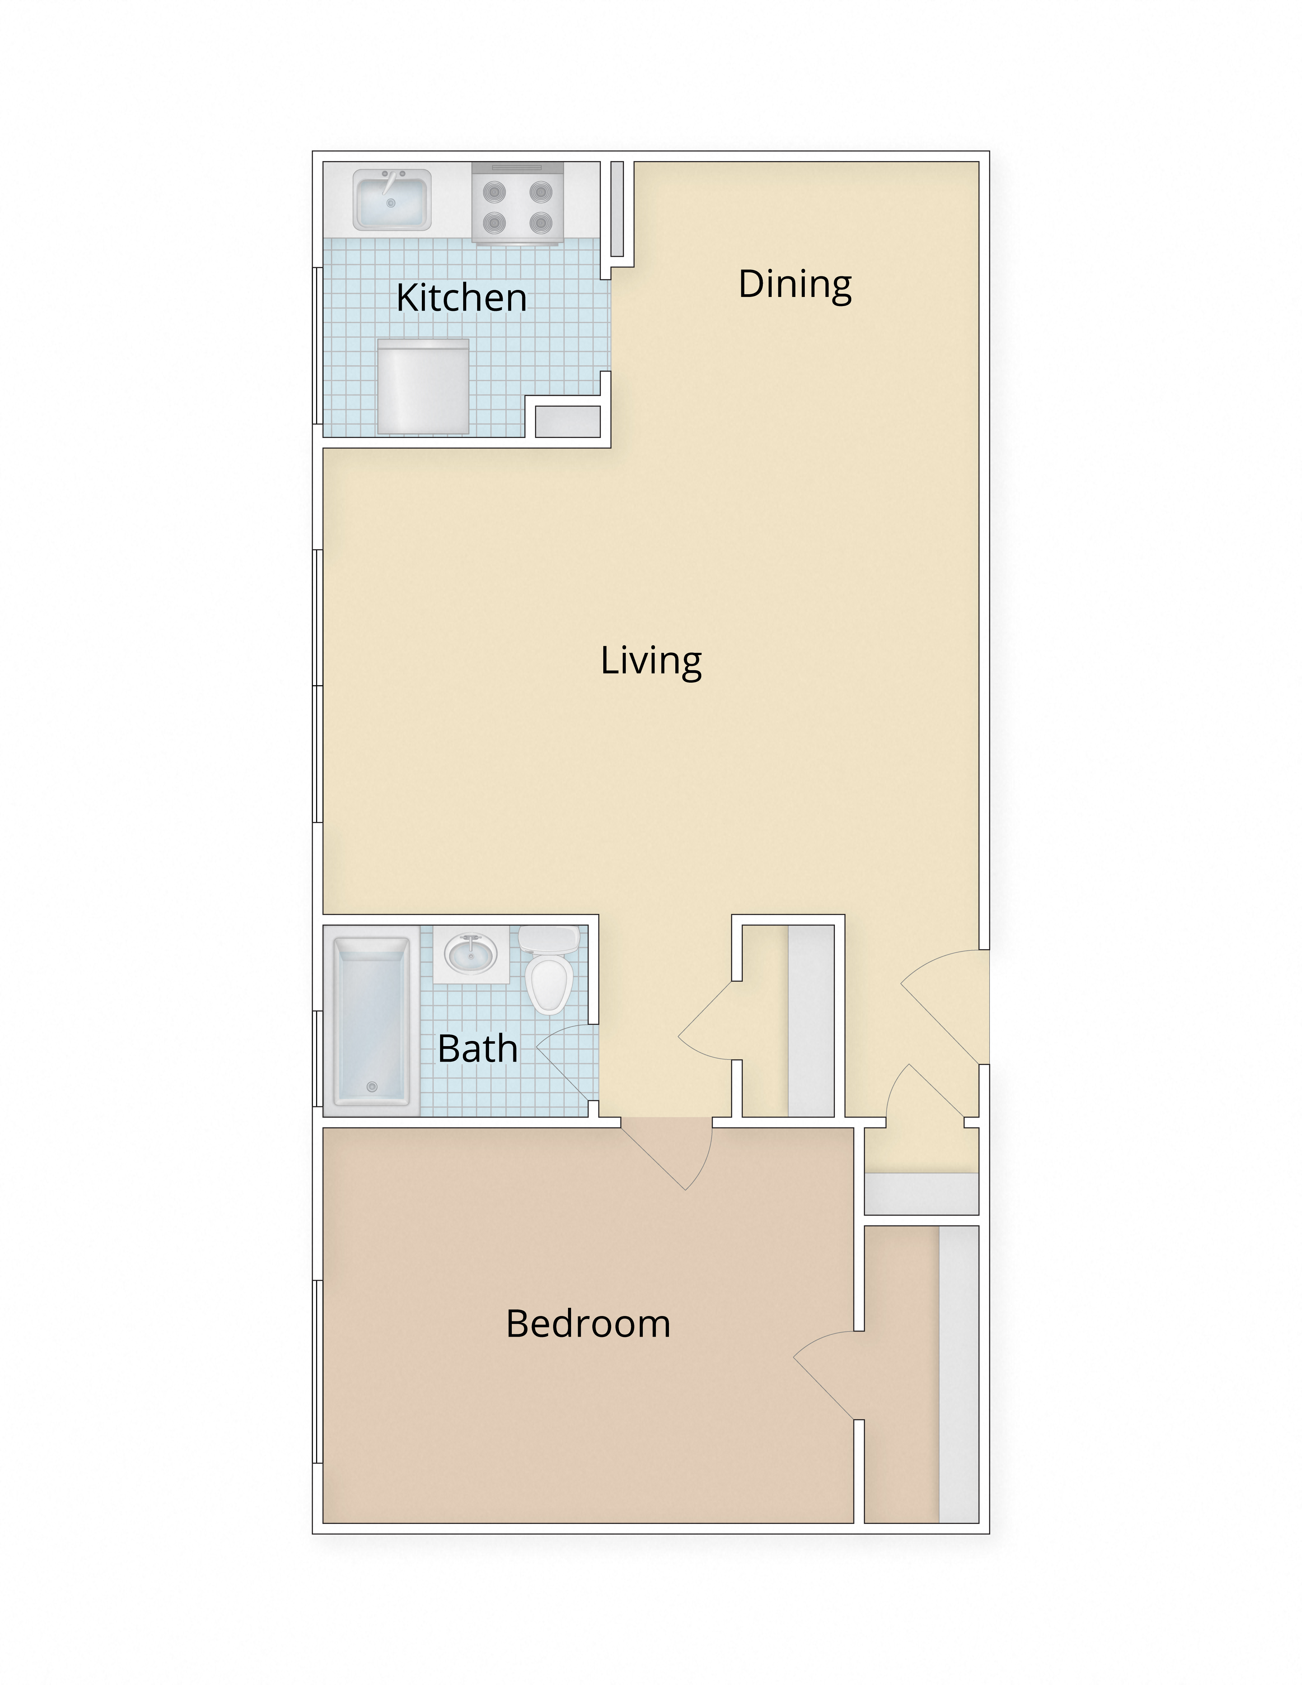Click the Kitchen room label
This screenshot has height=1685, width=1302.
461,298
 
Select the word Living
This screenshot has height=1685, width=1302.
651,661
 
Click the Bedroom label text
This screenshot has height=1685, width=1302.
588,1324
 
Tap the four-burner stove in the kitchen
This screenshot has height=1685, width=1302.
517,204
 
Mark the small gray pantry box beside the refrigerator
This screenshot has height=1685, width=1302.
568,421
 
